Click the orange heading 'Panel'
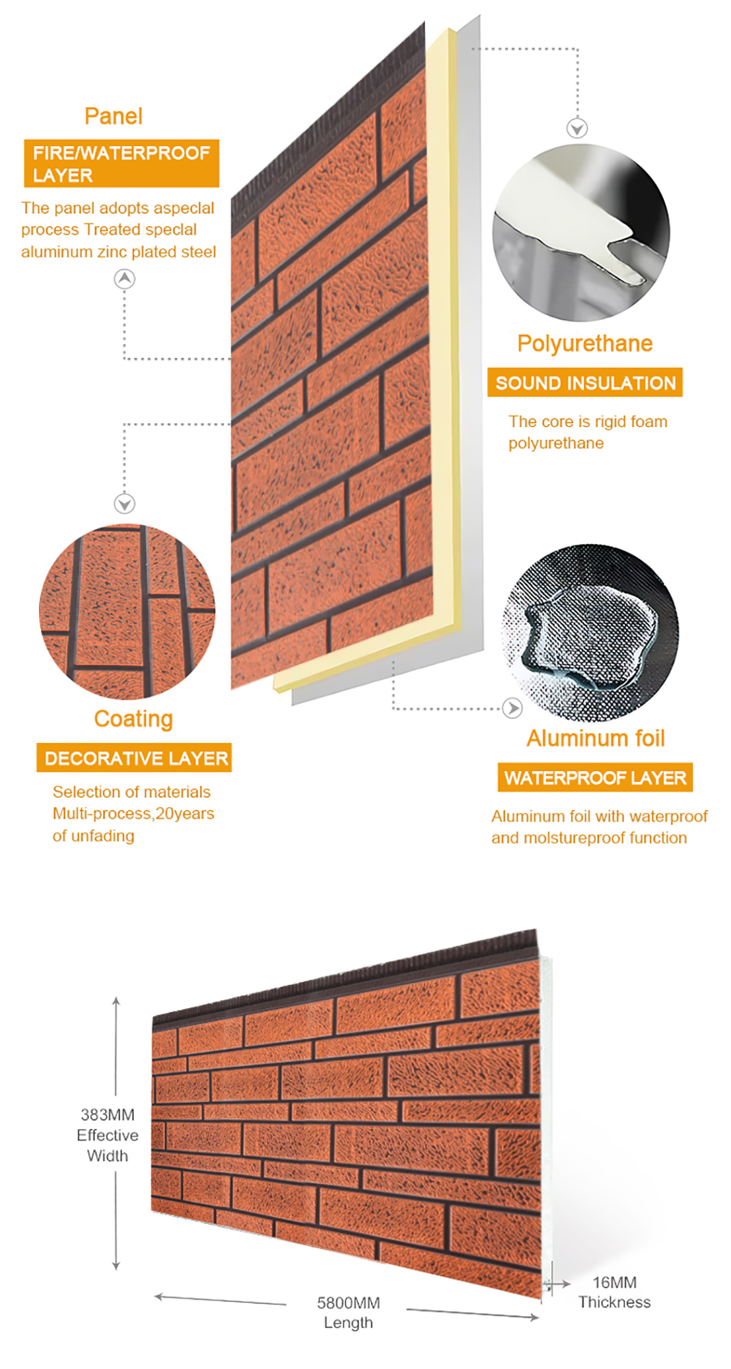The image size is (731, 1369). tap(113, 116)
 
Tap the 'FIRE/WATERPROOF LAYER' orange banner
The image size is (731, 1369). tap(122, 163)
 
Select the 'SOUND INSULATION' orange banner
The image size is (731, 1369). tap(585, 383)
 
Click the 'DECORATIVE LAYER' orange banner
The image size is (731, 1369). tap(134, 758)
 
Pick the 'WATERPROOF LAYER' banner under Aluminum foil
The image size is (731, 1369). tap(595, 778)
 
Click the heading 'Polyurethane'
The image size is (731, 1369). tap(585, 343)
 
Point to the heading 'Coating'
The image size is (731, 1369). tap(133, 719)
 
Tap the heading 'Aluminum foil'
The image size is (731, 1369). tap(596, 738)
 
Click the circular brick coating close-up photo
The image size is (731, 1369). tap(127, 612)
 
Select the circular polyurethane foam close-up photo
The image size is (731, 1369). tap(581, 232)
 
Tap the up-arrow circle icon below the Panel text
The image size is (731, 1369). tap(124, 279)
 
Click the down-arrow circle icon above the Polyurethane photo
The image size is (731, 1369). tap(577, 128)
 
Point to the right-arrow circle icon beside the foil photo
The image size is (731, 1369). tap(512, 708)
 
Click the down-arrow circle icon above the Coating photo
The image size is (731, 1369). tap(124, 504)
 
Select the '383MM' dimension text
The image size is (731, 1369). tap(107, 1115)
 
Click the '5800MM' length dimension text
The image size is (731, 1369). tap(348, 1303)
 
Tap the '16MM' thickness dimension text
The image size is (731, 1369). tap(615, 1282)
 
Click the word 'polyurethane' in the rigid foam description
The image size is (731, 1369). tap(556, 444)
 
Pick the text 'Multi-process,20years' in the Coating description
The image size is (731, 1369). tap(133, 813)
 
